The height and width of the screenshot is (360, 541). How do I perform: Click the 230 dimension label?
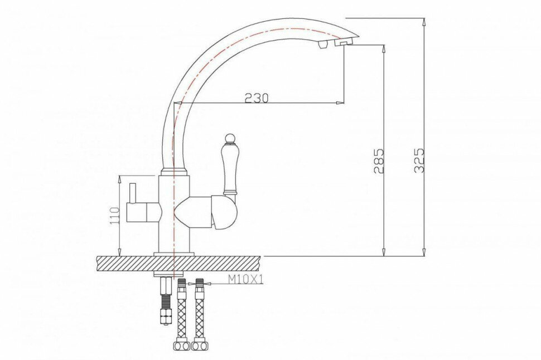257,98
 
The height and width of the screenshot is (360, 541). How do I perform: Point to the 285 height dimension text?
379,160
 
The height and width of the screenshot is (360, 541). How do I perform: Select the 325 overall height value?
419,160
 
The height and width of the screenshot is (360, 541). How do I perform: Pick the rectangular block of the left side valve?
142,212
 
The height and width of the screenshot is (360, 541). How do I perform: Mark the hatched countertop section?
178,263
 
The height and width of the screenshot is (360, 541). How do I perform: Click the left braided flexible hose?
181,312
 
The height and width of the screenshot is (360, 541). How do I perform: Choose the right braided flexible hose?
199,312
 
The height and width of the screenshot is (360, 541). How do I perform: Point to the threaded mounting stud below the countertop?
165,301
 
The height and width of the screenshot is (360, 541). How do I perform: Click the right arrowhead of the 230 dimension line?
339,103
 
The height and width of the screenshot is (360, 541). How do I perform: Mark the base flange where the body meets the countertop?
174,254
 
